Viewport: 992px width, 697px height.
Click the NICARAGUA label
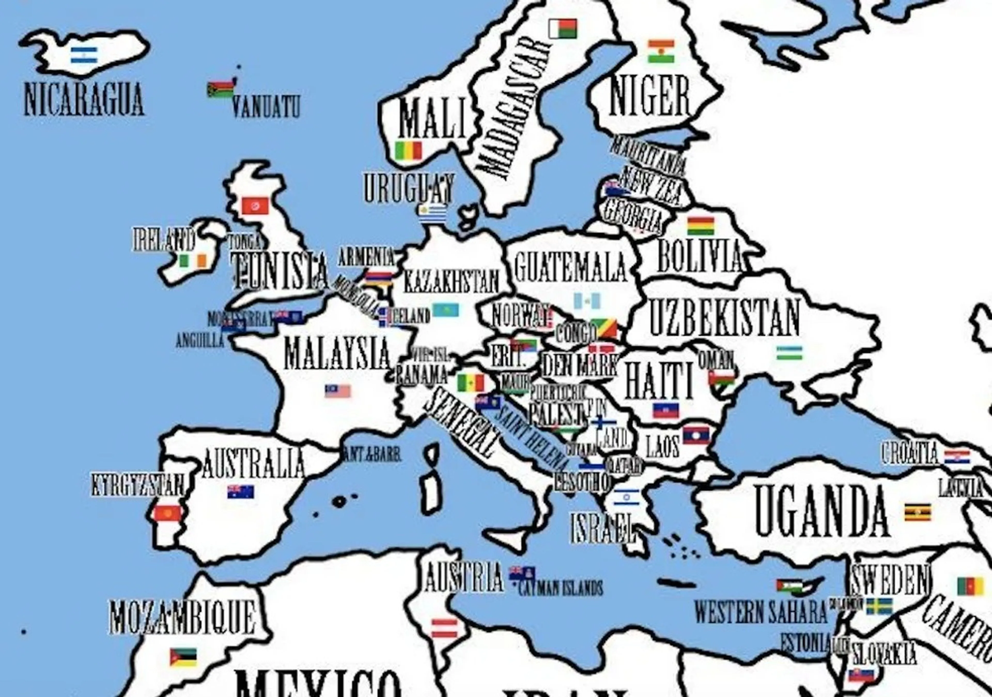[x=83, y=99]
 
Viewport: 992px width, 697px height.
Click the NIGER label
[x=649, y=96]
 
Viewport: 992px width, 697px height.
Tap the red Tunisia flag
[x=255, y=205]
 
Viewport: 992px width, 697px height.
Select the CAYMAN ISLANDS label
[x=560, y=588]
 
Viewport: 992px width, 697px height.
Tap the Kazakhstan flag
[x=445, y=310]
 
